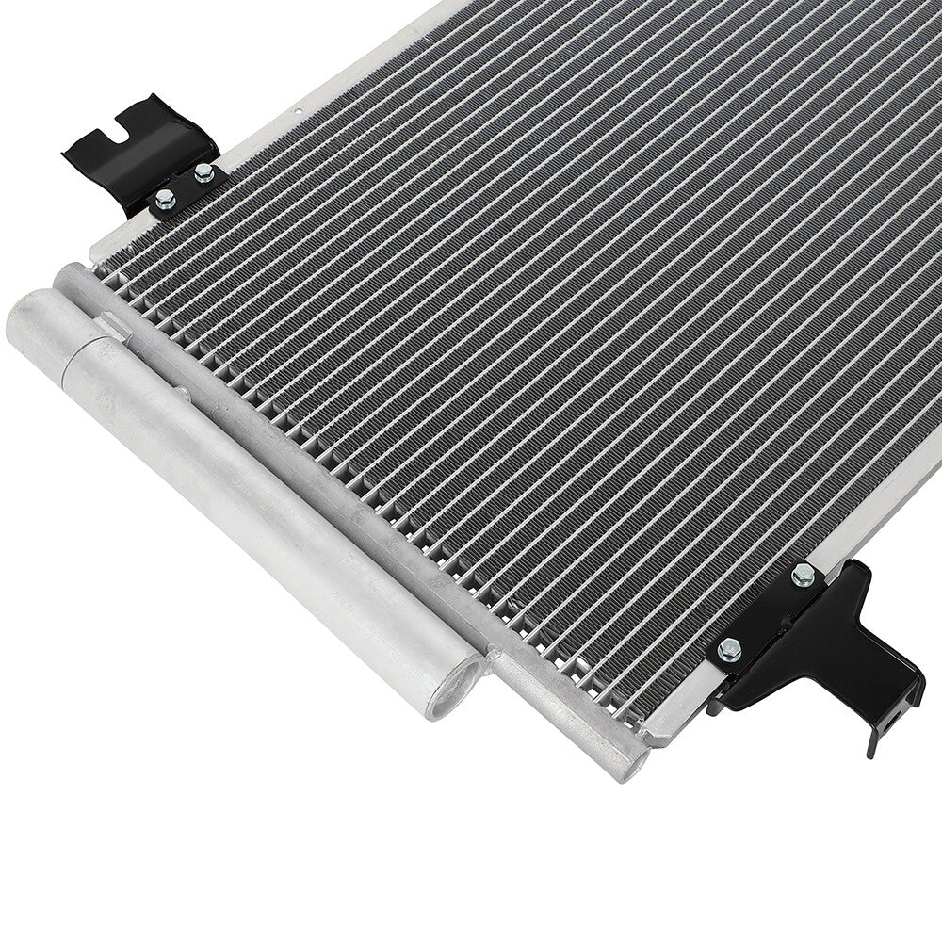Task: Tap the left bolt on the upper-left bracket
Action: [x=165, y=198]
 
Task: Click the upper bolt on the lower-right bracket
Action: [x=802, y=576]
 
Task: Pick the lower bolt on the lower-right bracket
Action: [x=728, y=650]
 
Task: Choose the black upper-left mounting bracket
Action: [x=141, y=151]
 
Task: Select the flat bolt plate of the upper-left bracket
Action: [x=185, y=188]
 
